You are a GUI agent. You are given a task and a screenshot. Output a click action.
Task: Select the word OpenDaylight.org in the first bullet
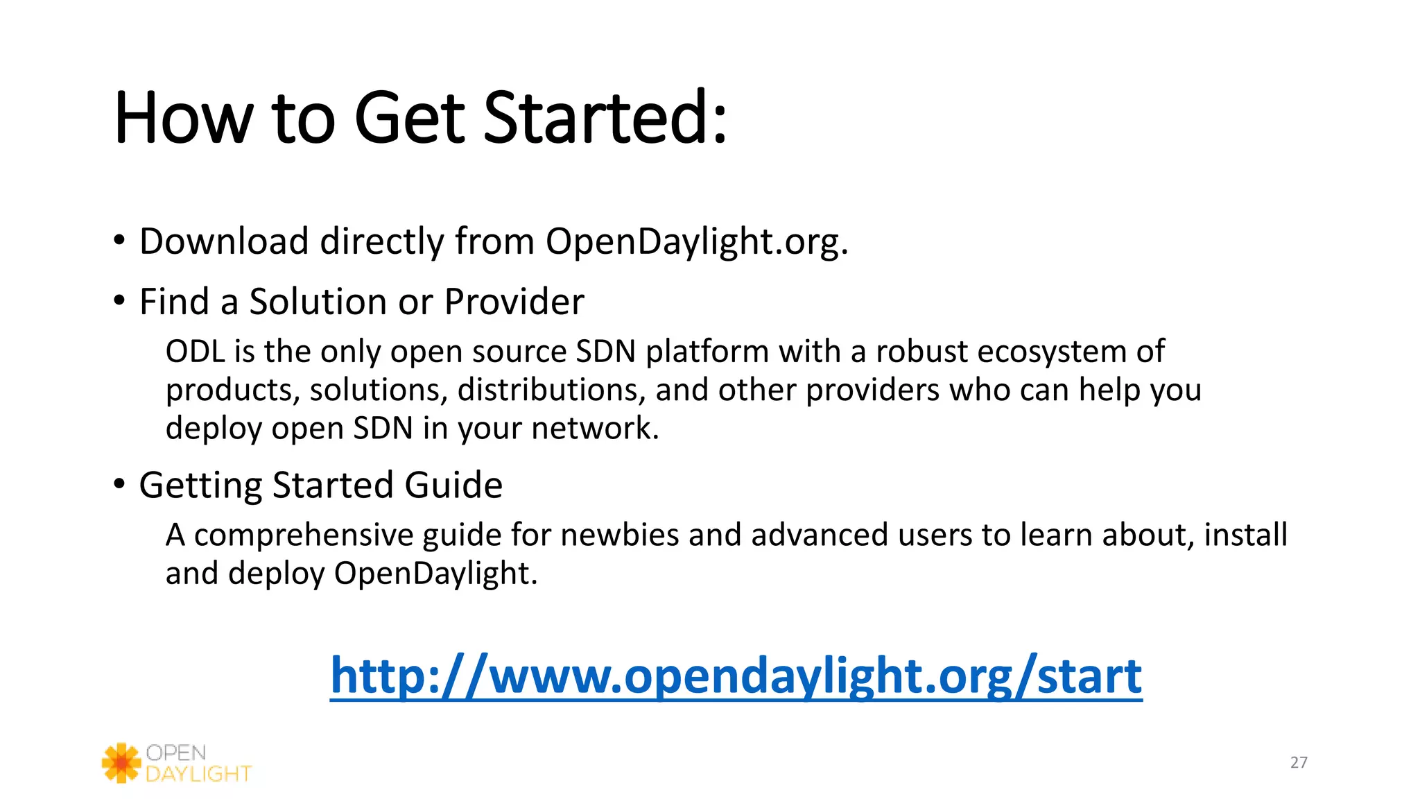click(x=696, y=242)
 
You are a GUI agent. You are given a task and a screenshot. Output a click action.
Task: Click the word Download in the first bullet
click(x=223, y=242)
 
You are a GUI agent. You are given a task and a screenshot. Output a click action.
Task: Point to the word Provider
click(x=514, y=302)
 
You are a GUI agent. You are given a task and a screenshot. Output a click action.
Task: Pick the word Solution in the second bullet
click(x=317, y=302)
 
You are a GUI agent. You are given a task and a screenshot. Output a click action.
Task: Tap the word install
click(x=1245, y=535)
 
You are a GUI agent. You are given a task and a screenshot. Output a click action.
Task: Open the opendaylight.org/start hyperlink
click(x=736, y=676)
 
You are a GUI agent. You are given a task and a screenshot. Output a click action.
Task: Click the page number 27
click(x=1299, y=763)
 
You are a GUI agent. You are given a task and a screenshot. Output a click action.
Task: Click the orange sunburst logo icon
click(x=121, y=763)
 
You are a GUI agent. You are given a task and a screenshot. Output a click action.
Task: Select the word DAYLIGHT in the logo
click(x=198, y=774)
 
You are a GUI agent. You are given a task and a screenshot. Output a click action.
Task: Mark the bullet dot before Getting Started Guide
click(x=119, y=484)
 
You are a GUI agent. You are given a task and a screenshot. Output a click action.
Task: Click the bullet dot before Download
click(x=119, y=241)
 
